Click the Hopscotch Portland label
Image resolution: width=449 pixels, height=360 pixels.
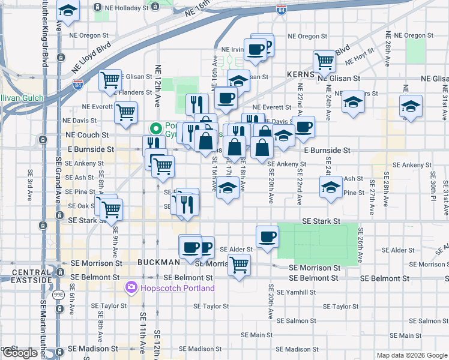coord(178,288)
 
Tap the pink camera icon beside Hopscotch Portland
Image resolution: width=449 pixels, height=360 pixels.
coord(131,288)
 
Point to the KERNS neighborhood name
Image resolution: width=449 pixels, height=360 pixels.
coord(301,74)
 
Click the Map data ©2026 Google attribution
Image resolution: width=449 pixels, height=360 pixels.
coord(412,355)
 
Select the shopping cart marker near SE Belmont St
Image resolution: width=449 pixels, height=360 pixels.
coord(240,264)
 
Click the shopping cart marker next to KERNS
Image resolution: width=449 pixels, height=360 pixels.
coord(324,60)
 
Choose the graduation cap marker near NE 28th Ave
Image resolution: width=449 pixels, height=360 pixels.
coord(411,107)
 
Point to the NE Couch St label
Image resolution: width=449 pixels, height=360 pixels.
coord(87,136)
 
